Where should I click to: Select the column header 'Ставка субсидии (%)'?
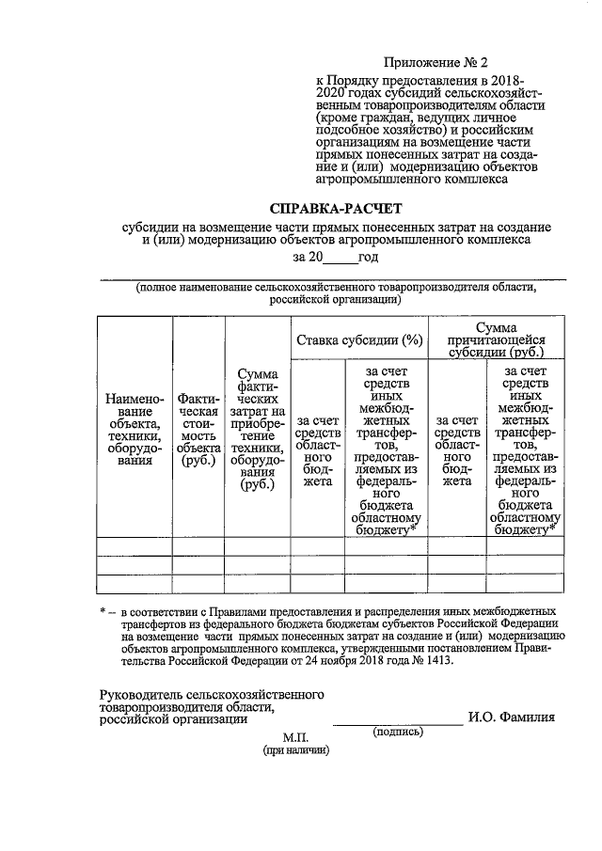[x=358, y=339]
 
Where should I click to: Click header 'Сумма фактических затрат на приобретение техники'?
[x=254, y=429]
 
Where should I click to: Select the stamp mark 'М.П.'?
[x=296, y=738]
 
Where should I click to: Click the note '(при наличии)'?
[x=296, y=751]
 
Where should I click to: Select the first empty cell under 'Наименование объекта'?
[x=135, y=545]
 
